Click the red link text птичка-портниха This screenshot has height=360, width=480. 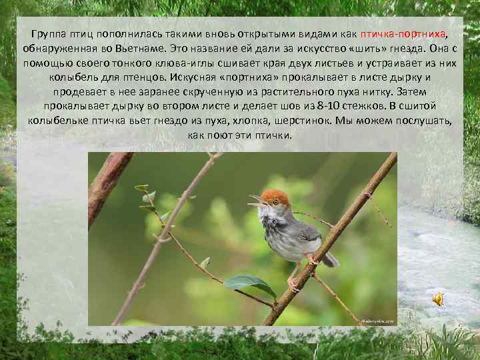coord(406,35)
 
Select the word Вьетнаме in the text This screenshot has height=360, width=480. coord(164,49)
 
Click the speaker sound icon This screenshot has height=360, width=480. coord(438,300)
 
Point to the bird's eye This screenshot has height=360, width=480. coord(275,201)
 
